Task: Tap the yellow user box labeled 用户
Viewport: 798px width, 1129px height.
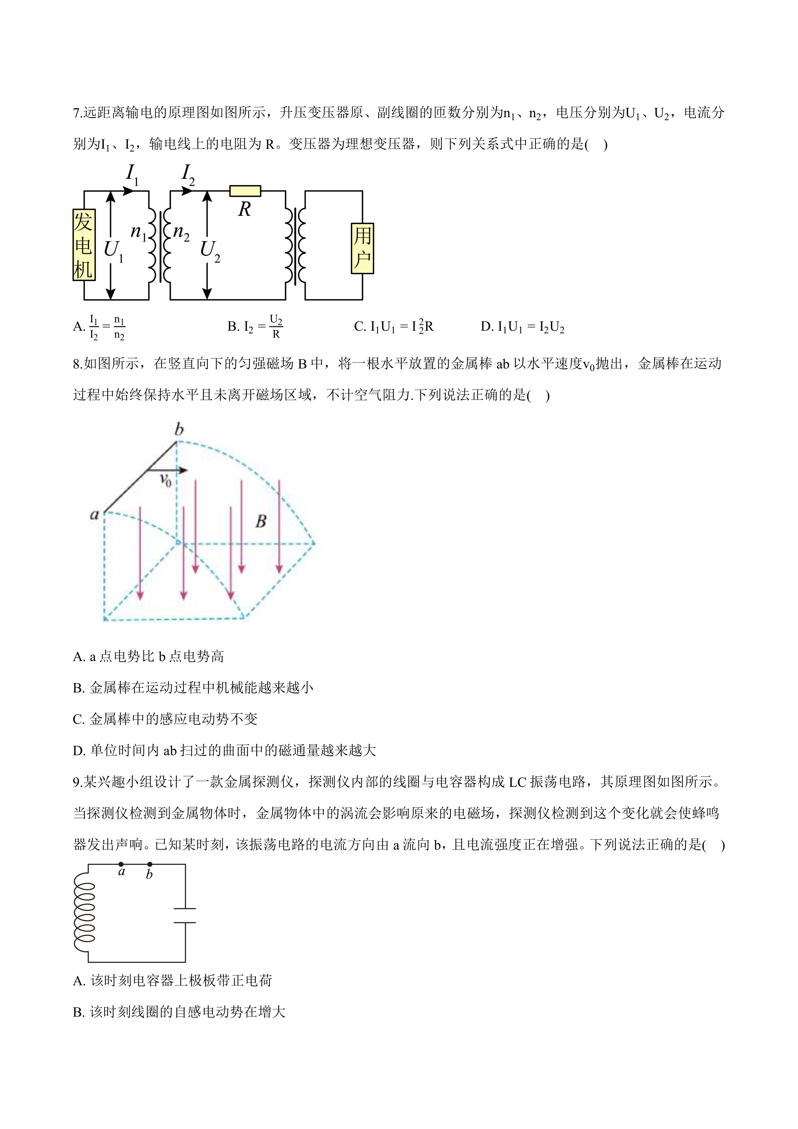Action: [362, 248]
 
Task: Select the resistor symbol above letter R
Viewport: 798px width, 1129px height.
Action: [245, 191]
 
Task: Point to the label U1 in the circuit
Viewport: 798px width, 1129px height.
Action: [113, 250]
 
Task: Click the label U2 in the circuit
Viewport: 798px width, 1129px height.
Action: [210, 250]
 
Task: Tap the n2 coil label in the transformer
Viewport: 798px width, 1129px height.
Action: [181, 232]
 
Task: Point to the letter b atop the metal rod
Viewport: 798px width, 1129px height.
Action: [179, 429]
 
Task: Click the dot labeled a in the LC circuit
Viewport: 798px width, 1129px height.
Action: [121, 864]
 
